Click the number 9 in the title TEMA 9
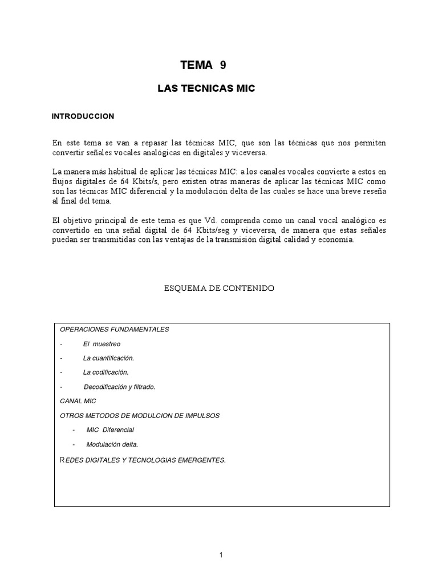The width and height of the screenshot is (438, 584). tap(222, 65)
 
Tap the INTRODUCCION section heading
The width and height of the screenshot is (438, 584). tap(83, 116)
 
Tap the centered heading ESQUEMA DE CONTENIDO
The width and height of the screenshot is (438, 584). tap(219, 289)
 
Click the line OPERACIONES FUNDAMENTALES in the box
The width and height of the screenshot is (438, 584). tap(114, 330)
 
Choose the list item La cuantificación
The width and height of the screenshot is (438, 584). tap(108, 358)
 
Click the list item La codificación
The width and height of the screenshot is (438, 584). tap(106, 372)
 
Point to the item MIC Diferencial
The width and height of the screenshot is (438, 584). tap(110, 429)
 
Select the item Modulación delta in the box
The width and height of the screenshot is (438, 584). tap(112, 444)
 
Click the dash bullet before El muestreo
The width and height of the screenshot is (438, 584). tap(60, 344)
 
